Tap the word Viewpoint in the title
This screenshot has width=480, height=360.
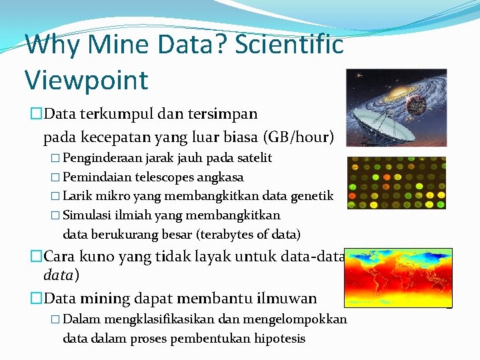[x=86, y=80]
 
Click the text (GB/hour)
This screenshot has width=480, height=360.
[x=299, y=137]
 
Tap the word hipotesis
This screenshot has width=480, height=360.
[x=279, y=339]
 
